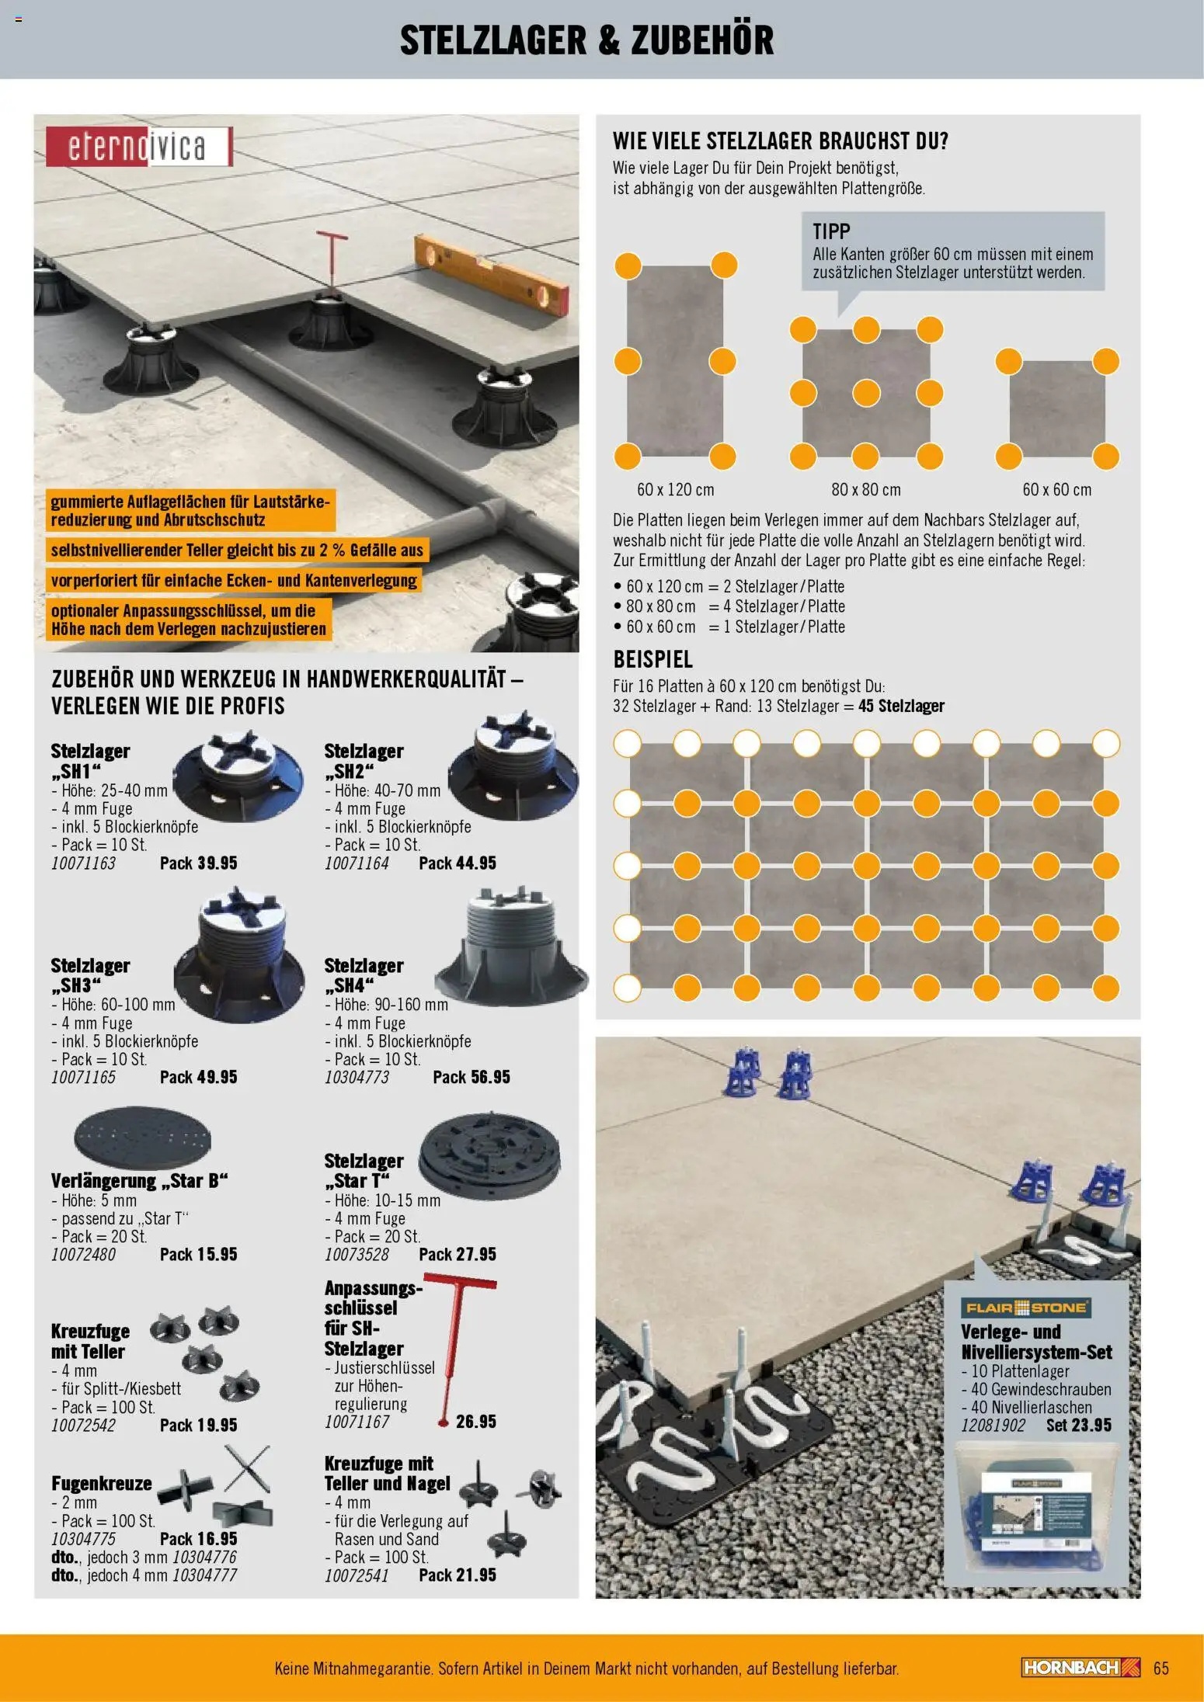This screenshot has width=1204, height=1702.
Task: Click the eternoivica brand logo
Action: point(138,146)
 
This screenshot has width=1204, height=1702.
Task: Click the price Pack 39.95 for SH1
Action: point(198,863)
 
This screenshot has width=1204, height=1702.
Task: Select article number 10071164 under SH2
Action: point(357,863)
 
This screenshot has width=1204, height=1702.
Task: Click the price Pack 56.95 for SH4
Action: point(471,1078)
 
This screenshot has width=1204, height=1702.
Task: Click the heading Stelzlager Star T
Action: point(364,1171)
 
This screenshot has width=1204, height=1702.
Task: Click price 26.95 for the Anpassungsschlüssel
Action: point(475,1422)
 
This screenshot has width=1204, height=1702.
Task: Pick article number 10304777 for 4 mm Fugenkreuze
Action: point(204,1575)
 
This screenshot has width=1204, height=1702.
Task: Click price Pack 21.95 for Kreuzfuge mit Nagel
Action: point(457,1575)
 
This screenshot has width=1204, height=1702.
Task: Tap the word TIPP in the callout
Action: point(831,231)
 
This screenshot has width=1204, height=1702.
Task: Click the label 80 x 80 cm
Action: point(865,490)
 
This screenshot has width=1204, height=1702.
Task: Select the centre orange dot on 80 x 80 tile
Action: point(866,394)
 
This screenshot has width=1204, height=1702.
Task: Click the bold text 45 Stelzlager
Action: point(901,707)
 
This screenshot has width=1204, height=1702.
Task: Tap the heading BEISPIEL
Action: point(652,660)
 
